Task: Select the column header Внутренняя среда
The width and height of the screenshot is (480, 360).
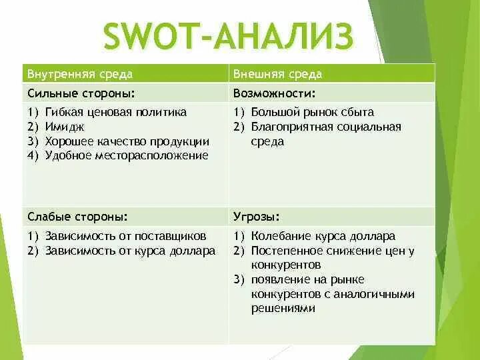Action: click(79, 73)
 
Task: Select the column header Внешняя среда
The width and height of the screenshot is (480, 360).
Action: click(277, 73)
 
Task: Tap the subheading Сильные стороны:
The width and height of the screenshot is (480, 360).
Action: click(86, 93)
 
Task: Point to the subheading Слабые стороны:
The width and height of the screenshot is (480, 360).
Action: click(77, 217)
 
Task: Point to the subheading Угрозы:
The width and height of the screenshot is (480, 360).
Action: click(257, 217)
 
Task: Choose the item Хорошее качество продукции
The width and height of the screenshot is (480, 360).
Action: click(127, 141)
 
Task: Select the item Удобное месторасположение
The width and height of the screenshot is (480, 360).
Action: click(127, 155)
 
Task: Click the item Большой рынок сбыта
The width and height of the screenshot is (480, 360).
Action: click(312, 112)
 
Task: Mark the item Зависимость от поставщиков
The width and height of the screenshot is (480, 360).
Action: click(125, 236)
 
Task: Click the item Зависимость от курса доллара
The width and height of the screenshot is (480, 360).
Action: click(130, 251)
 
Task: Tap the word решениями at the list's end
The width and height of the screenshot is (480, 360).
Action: click(283, 308)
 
